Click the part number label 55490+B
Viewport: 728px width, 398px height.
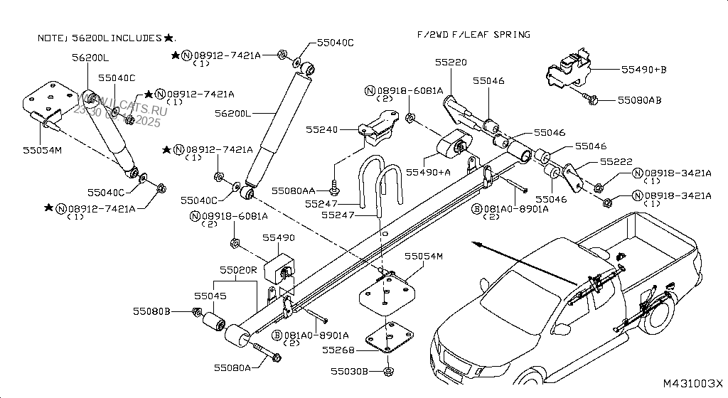[x=643, y=70]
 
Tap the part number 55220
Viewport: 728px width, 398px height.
[x=451, y=63]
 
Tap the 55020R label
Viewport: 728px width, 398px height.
[x=238, y=270]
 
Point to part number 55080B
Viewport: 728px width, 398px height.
[x=151, y=311]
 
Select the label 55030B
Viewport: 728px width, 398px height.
[x=349, y=372]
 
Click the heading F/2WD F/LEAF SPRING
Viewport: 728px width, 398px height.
[x=473, y=34]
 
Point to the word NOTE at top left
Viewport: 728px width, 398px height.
[x=50, y=38]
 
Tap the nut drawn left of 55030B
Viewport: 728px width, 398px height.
[x=387, y=372]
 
